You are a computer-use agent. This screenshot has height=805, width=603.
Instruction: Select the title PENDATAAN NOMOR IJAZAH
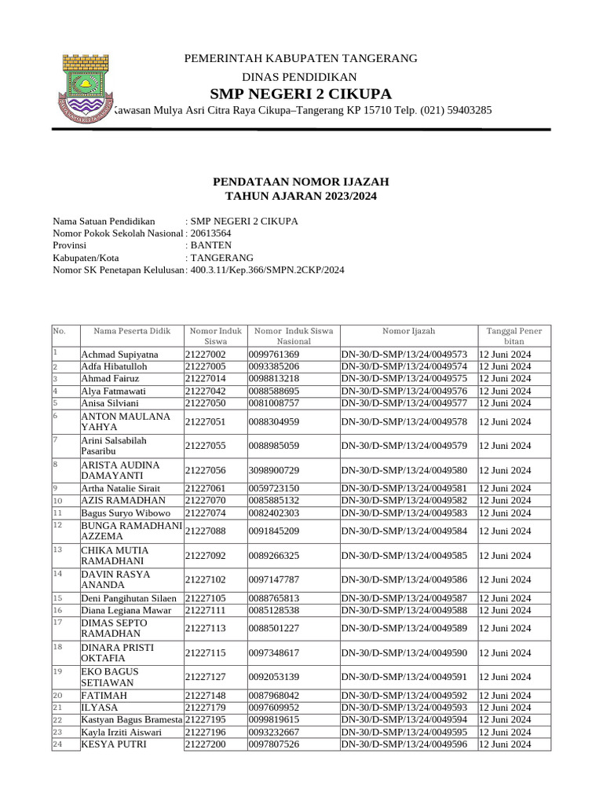click(x=301, y=182)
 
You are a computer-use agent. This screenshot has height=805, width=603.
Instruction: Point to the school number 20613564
click(x=211, y=233)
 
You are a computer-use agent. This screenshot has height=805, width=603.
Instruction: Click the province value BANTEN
click(x=211, y=245)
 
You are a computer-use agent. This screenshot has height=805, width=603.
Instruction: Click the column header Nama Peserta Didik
click(x=132, y=332)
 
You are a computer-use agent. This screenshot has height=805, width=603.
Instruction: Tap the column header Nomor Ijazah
click(x=408, y=332)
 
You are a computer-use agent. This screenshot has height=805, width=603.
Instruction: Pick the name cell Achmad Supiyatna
click(x=119, y=355)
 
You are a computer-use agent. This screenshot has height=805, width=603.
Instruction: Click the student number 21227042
click(x=206, y=391)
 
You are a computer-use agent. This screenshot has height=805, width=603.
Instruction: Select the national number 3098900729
click(x=273, y=470)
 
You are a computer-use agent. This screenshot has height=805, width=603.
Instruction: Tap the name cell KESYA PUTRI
click(x=113, y=744)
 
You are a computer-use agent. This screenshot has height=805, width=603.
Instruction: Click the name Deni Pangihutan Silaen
click(x=130, y=598)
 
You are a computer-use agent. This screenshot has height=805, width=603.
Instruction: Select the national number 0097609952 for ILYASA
click(x=273, y=708)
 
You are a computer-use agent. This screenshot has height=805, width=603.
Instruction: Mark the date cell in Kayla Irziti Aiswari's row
click(x=505, y=732)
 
